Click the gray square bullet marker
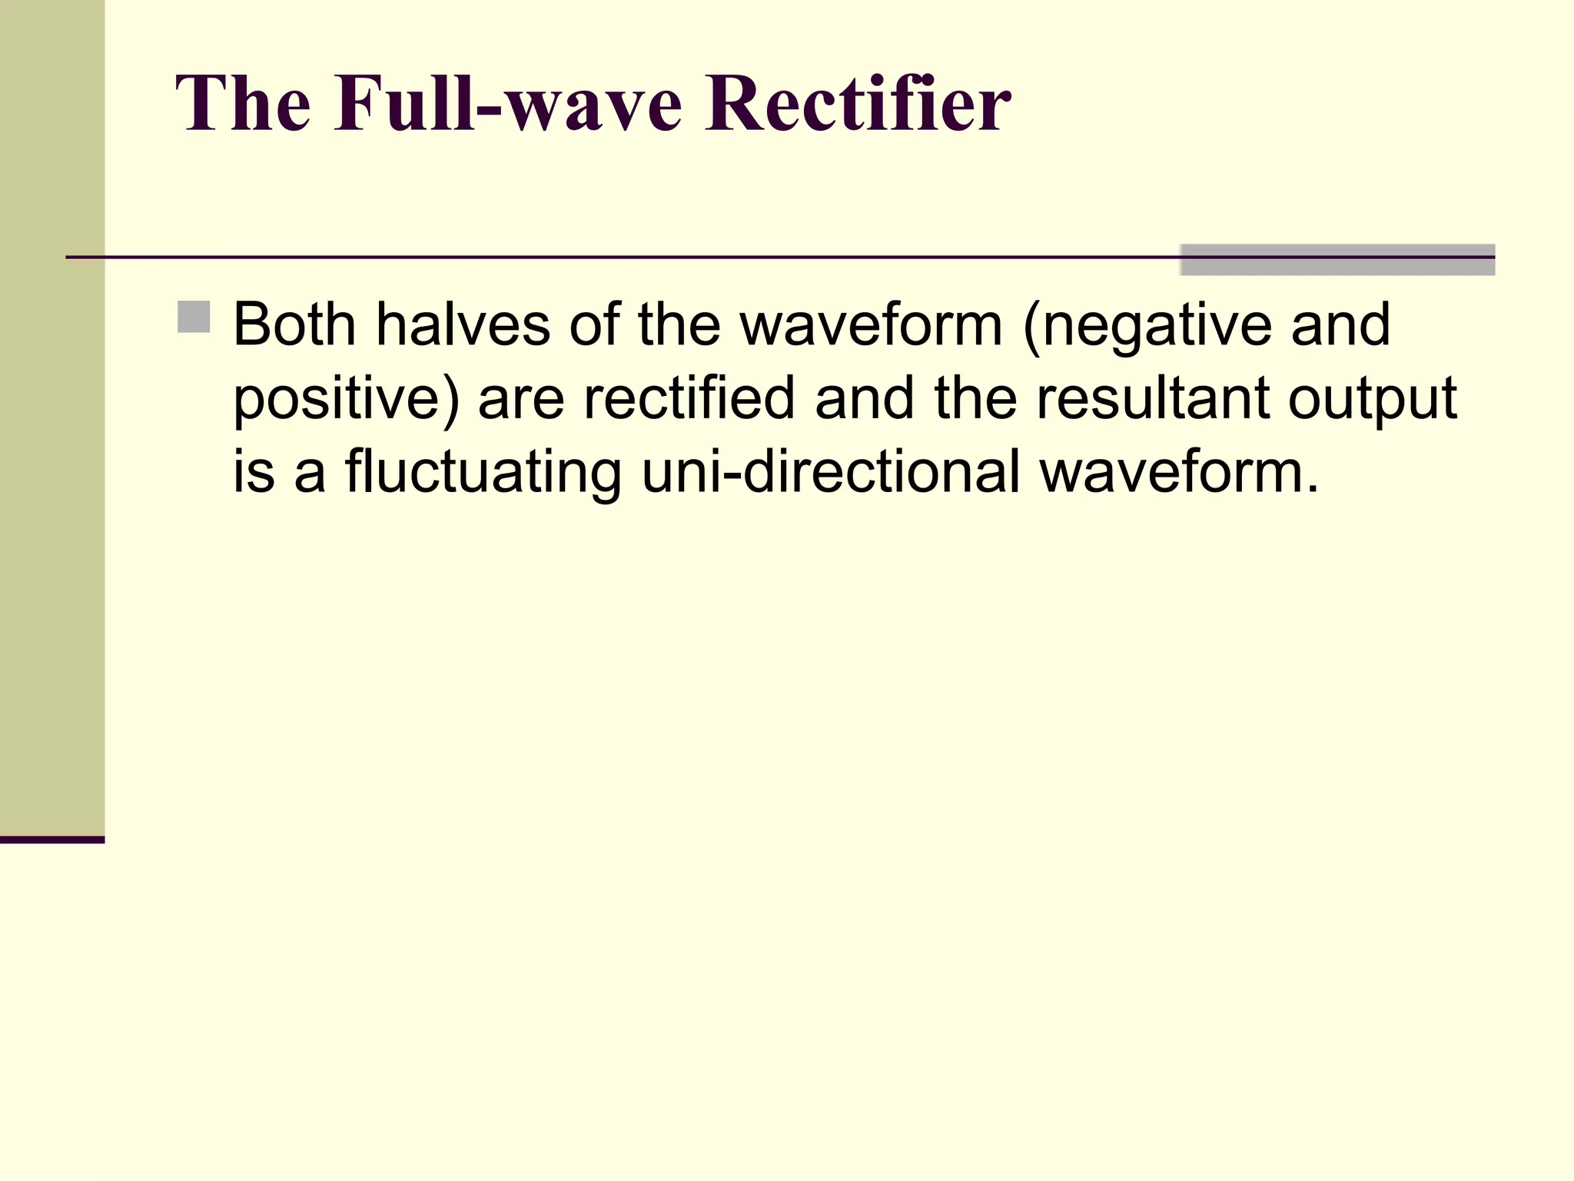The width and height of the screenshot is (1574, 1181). click(x=194, y=317)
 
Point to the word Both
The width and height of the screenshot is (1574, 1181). click(x=294, y=324)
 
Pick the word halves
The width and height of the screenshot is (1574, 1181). click(x=463, y=324)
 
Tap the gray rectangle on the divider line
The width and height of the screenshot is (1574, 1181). click(x=1337, y=260)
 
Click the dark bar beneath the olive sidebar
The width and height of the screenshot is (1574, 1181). click(x=52, y=840)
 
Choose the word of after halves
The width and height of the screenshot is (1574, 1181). click(x=594, y=324)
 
